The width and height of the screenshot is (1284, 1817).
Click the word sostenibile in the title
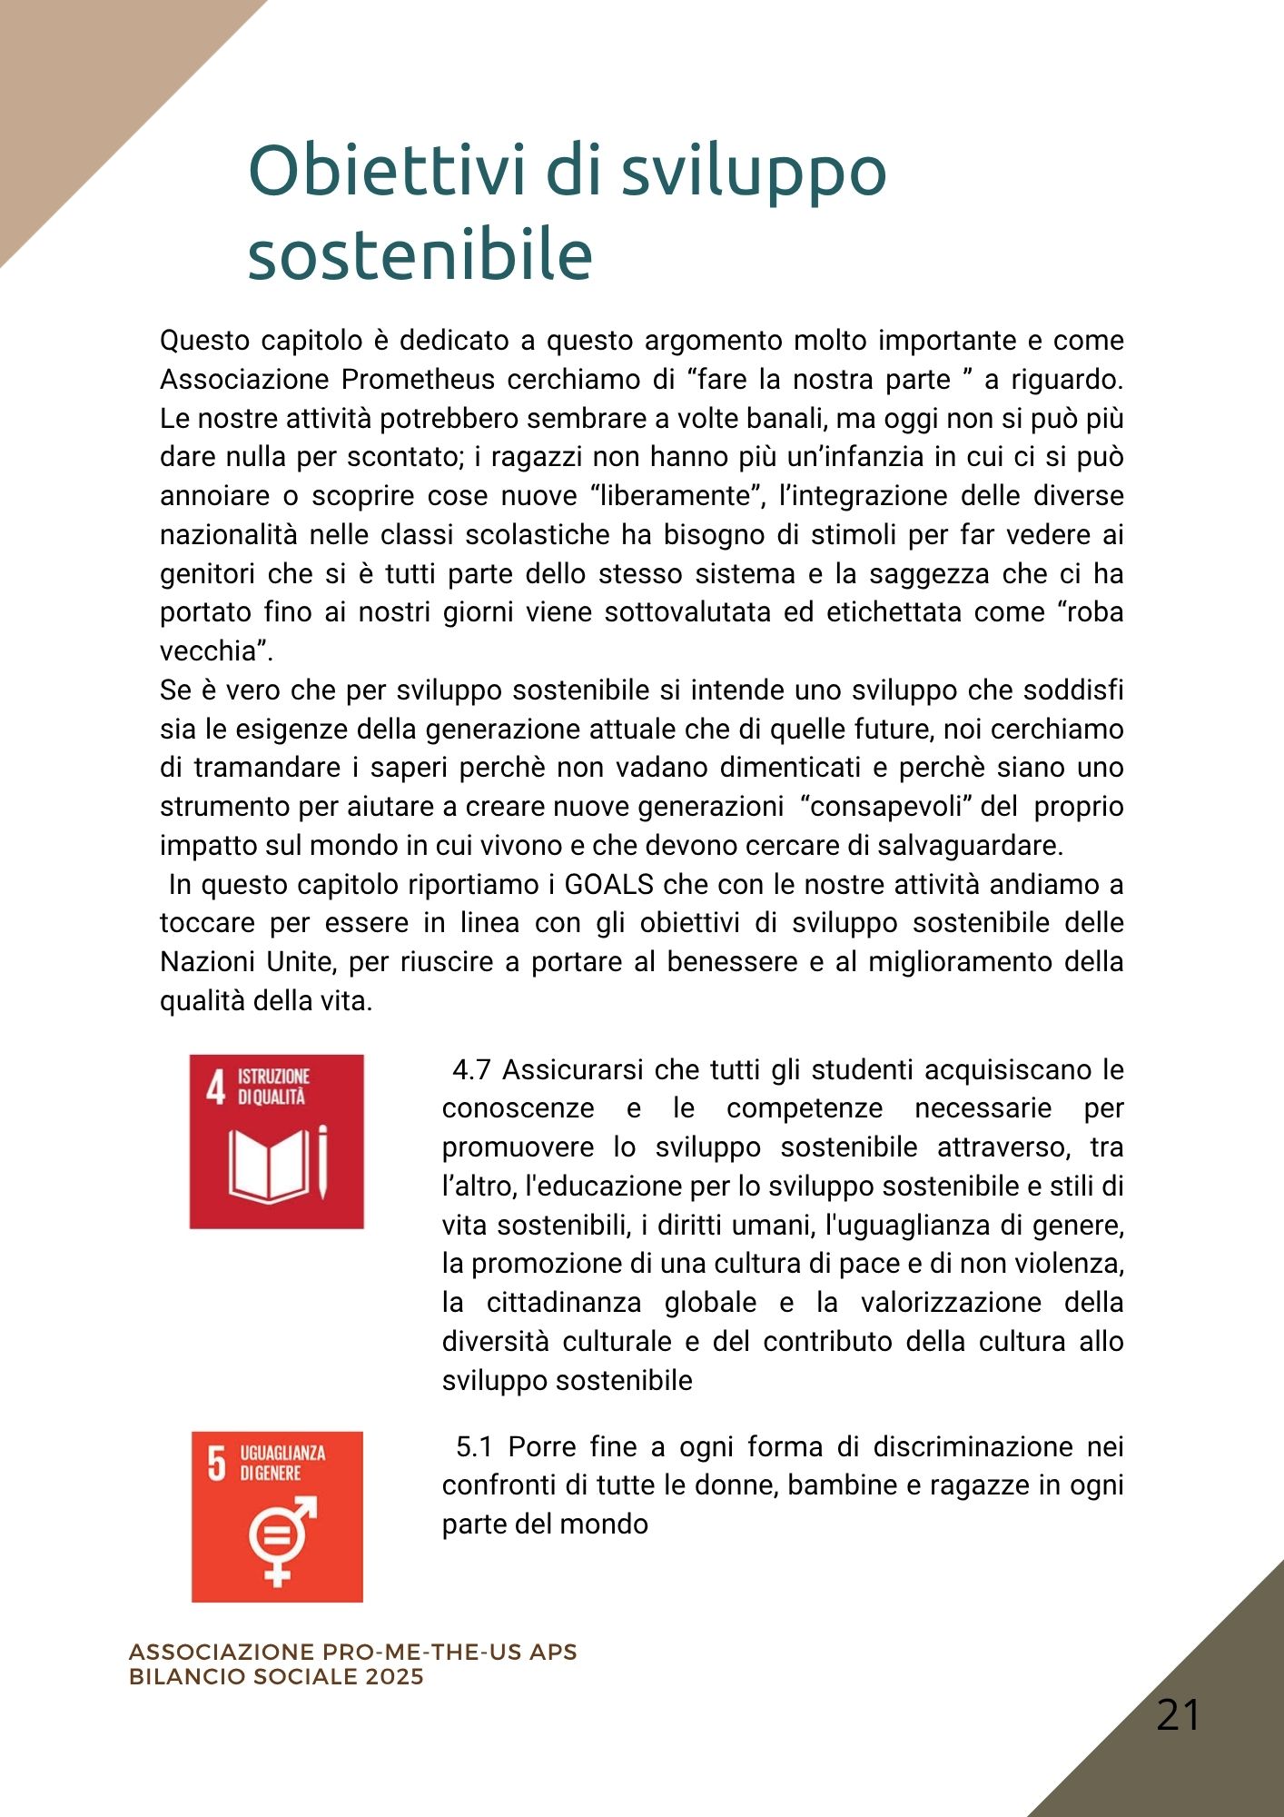click(x=420, y=254)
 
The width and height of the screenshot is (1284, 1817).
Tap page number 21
click(x=1178, y=1715)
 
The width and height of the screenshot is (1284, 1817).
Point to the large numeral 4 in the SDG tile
click(x=215, y=1087)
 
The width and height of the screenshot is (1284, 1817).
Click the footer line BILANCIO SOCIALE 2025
click(x=276, y=1676)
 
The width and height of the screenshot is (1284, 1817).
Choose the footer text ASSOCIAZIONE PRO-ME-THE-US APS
click(x=352, y=1652)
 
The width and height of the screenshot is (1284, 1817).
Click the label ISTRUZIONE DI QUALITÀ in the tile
click(x=273, y=1087)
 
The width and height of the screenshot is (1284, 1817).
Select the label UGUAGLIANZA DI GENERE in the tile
click(x=281, y=1463)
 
